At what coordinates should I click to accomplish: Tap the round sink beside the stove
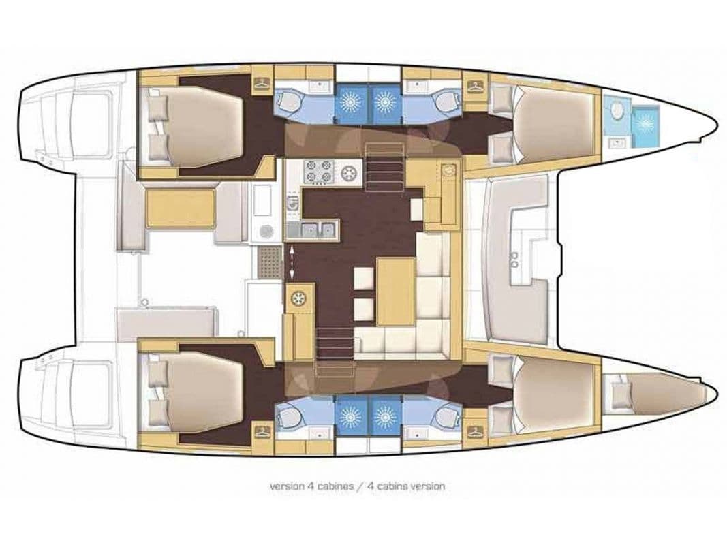click(350, 173)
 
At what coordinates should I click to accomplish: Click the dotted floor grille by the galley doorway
click(269, 262)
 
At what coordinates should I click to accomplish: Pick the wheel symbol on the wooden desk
click(299, 298)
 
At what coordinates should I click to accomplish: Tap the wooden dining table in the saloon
click(395, 291)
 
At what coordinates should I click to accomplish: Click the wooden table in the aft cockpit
click(181, 208)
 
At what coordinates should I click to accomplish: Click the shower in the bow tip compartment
click(644, 123)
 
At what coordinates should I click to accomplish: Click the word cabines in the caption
click(330, 486)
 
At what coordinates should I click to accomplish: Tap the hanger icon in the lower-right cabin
click(475, 431)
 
